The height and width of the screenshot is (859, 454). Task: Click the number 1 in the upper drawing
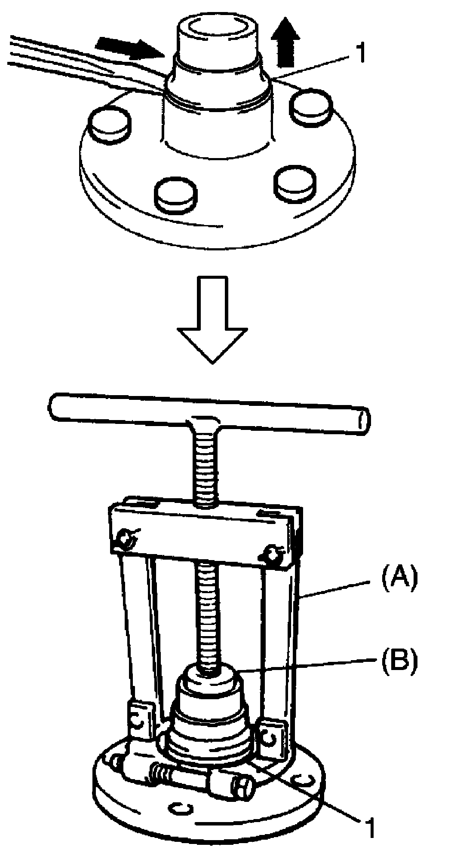point(359,54)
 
